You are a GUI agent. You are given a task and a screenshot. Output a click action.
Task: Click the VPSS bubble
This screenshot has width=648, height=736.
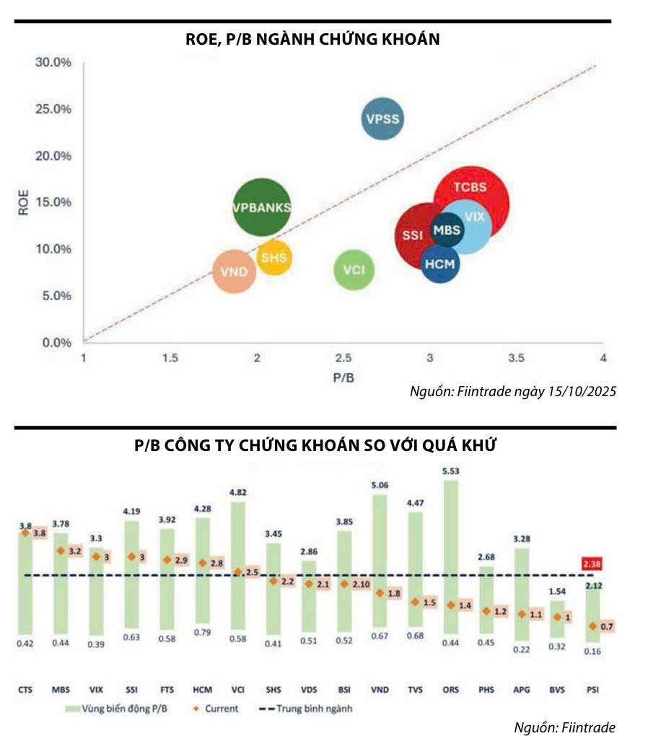tap(382, 119)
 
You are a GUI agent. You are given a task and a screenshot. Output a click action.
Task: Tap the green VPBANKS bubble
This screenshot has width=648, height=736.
tap(262, 207)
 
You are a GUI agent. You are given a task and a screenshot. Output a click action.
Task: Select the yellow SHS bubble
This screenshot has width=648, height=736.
tap(274, 258)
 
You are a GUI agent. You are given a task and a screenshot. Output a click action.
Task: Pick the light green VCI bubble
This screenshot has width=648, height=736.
tap(354, 270)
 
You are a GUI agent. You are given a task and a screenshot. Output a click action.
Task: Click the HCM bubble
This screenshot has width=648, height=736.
tap(440, 264)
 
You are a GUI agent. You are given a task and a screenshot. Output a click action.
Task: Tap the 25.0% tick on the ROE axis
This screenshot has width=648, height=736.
tap(54, 109)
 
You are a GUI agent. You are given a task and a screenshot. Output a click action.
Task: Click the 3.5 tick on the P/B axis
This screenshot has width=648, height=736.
tap(515, 359)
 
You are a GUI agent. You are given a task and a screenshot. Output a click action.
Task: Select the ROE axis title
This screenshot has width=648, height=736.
tap(24, 202)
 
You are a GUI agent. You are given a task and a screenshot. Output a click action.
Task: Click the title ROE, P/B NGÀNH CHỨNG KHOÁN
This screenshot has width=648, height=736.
tap(312, 40)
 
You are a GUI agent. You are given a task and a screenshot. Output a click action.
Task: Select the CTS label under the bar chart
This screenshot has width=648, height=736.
tap(25, 691)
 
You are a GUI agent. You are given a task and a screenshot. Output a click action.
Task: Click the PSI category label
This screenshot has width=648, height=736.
tap(592, 691)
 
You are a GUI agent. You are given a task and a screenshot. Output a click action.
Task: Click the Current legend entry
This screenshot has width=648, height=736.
tap(216, 709)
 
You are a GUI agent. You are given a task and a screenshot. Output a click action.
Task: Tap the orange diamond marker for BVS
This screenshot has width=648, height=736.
tap(556, 617)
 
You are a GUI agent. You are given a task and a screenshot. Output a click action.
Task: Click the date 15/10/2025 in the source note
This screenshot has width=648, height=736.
tap(583, 391)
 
